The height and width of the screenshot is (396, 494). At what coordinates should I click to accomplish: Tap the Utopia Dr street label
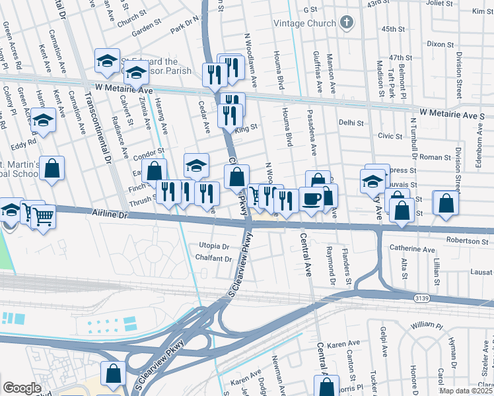pos(213,246)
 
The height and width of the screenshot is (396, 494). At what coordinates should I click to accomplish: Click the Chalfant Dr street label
pos(215,259)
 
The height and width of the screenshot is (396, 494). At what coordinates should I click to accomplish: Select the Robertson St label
pos(466,242)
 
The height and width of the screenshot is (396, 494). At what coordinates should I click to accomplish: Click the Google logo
pos(22,388)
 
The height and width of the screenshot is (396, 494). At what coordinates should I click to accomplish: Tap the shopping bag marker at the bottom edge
pos(113,373)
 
